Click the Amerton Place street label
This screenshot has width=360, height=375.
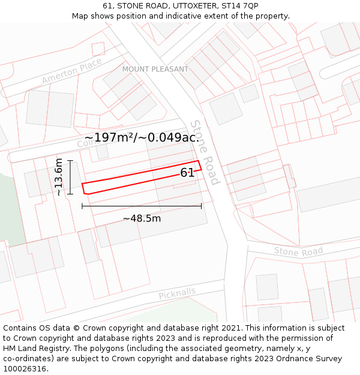[x=71, y=72]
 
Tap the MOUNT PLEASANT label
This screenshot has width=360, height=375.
[x=155, y=69]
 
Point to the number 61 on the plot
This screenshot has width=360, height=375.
[x=187, y=173]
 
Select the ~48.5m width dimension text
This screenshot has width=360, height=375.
[x=142, y=218]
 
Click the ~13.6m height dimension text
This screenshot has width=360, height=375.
[x=58, y=177]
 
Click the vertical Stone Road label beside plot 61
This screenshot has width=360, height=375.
[x=205, y=152]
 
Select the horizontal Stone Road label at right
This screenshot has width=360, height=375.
[x=298, y=251]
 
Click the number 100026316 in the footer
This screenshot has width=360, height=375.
[x=24, y=368]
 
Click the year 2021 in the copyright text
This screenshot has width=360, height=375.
[x=231, y=328]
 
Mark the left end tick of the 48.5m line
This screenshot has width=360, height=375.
[x=82, y=206]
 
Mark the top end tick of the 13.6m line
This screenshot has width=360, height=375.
[x=70, y=161]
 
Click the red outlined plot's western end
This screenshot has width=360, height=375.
[x=85, y=188]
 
